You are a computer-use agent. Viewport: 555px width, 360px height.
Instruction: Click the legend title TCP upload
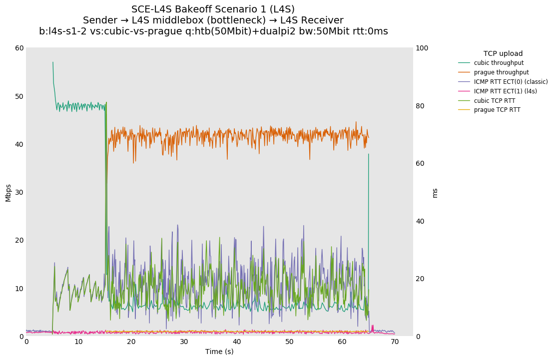[x=503, y=53]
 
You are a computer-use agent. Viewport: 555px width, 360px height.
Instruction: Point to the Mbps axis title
[x=8, y=192]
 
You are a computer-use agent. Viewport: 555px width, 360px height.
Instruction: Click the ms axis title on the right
[x=435, y=193]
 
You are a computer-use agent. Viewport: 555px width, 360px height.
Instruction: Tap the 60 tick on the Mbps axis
[x=19, y=48]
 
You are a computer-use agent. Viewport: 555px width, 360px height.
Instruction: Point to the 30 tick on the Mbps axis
[x=19, y=192]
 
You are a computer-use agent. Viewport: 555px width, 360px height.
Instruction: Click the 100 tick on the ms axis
[x=422, y=48]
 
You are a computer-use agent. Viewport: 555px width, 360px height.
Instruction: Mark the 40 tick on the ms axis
[x=421, y=221]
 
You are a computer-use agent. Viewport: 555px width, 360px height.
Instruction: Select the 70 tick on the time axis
[x=395, y=342]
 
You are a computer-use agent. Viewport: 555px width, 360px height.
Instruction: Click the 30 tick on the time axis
[x=184, y=342]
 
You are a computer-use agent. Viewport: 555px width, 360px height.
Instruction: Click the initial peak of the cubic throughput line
[x=53, y=62]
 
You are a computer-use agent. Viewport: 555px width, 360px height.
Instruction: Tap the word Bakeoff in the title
[x=194, y=9]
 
